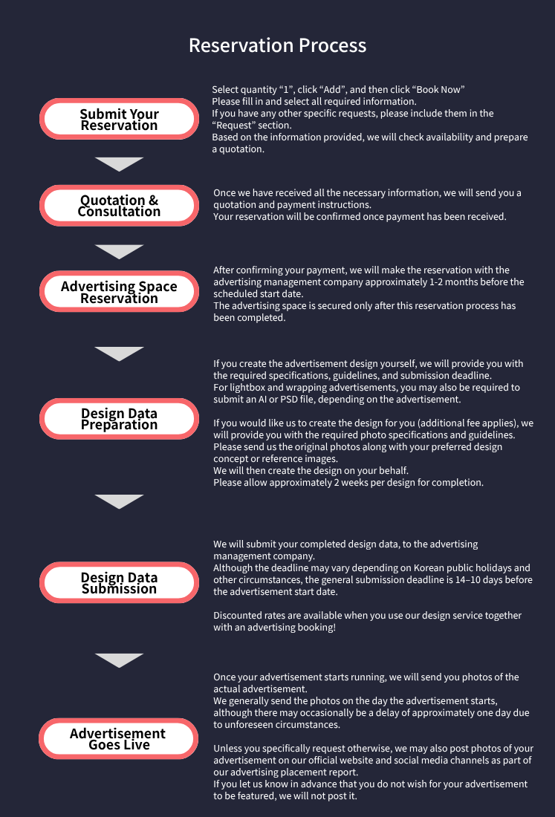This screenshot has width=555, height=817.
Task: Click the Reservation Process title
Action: point(277,45)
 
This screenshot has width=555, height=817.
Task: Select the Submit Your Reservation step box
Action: point(120,119)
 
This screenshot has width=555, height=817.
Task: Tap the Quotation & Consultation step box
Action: point(120,205)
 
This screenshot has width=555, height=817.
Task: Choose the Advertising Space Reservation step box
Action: point(120,291)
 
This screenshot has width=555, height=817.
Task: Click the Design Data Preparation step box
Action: point(120,419)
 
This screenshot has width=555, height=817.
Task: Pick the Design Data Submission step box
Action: point(120,582)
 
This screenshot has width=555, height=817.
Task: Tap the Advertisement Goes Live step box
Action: point(118,739)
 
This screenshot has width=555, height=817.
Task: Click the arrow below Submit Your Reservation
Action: point(120,163)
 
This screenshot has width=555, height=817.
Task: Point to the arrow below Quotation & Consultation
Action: point(120,251)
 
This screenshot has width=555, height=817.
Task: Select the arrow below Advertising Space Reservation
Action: point(120,354)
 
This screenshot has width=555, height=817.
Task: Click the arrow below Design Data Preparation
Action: point(120,501)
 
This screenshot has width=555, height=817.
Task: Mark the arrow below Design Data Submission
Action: point(120,660)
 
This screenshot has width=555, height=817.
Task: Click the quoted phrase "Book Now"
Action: point(438,90)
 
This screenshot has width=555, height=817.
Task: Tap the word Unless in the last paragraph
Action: point(226,748)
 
